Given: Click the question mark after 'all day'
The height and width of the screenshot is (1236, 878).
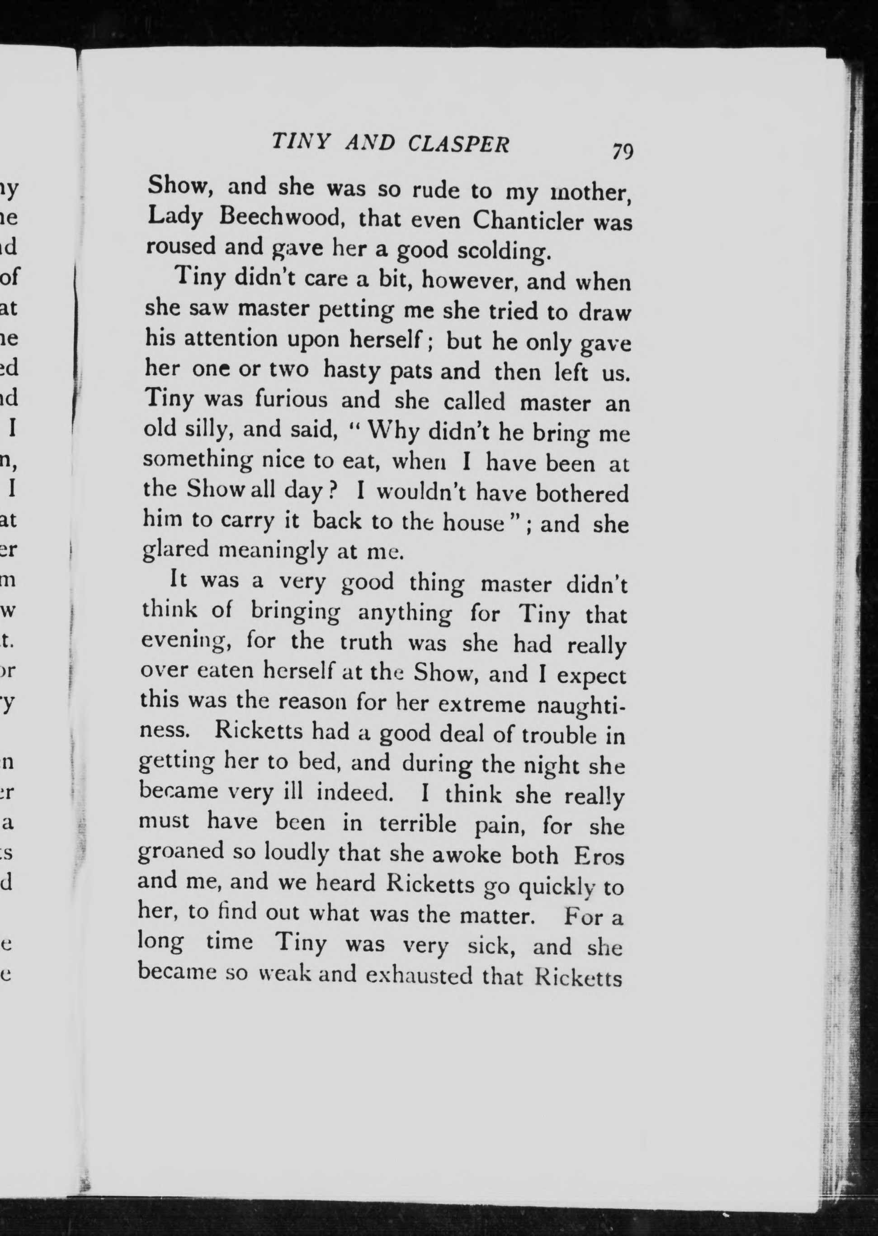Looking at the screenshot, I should [x=333, y=492].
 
